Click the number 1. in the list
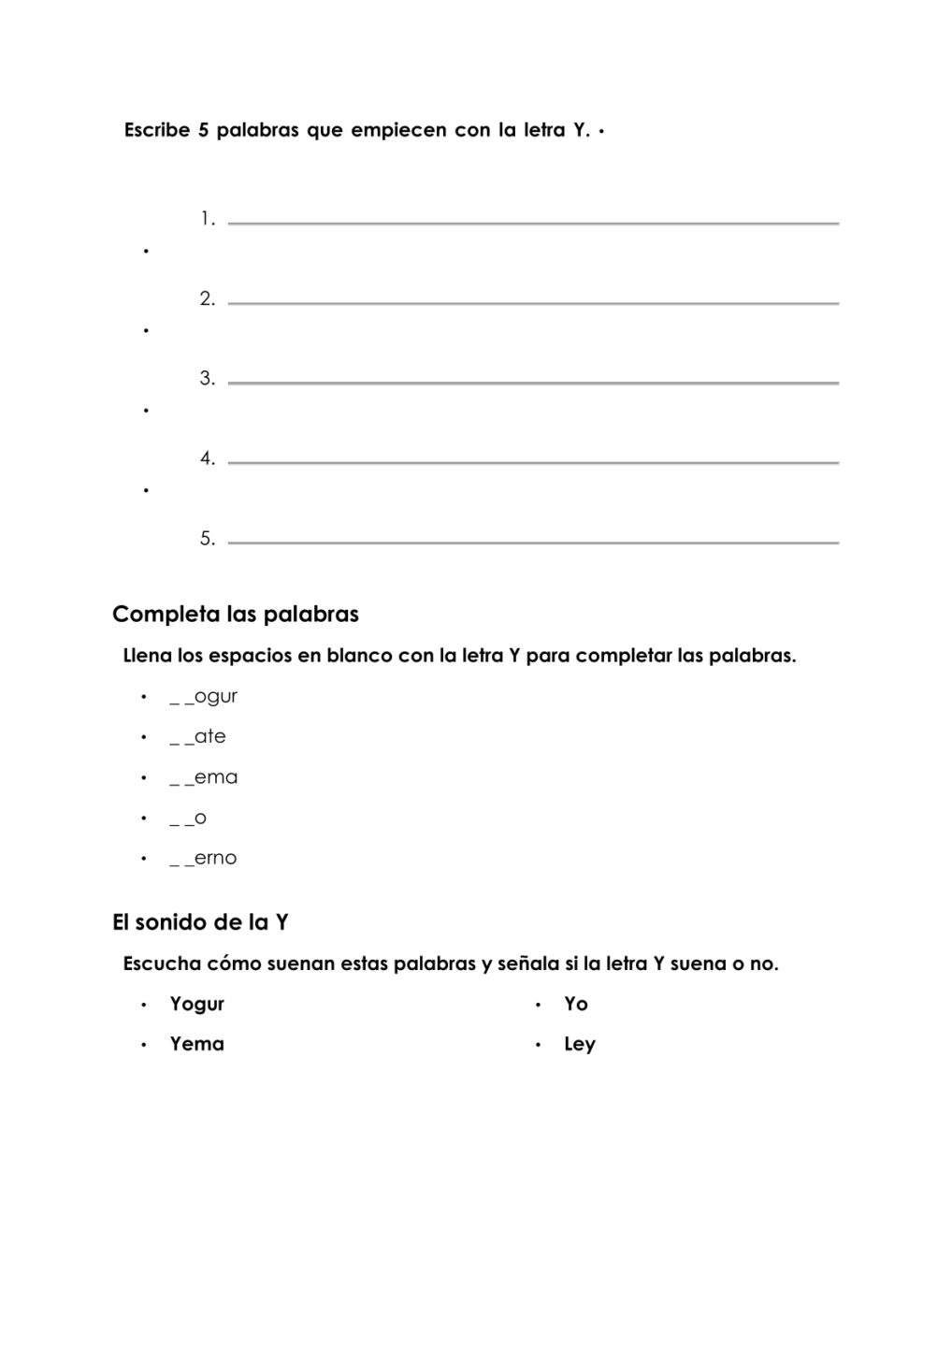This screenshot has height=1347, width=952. point(207,220)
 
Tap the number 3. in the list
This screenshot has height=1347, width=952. point(207,379)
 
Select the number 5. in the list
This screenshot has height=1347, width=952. point(207,539)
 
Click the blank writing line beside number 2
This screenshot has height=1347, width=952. point(533,302)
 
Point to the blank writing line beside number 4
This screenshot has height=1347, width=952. point(533,461)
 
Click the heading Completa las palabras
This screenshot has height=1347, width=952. point(236,615)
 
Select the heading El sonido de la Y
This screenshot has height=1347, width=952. point(200,922)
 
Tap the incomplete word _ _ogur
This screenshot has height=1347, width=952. point(204,697)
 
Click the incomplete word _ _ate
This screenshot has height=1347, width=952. point(198,737)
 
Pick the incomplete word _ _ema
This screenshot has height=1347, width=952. point(204,777)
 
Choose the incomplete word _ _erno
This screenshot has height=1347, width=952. point(204,859)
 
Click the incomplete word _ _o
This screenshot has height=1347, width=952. point(188,818)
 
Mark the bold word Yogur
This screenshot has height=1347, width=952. point(197,1004)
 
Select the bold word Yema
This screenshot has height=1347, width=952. point(197,1044)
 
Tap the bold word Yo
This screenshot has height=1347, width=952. point(576,1004)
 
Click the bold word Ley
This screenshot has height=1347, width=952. point(580,1044)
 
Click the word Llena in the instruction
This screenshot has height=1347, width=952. point(148,656)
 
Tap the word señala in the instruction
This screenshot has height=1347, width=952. point(526,963)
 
